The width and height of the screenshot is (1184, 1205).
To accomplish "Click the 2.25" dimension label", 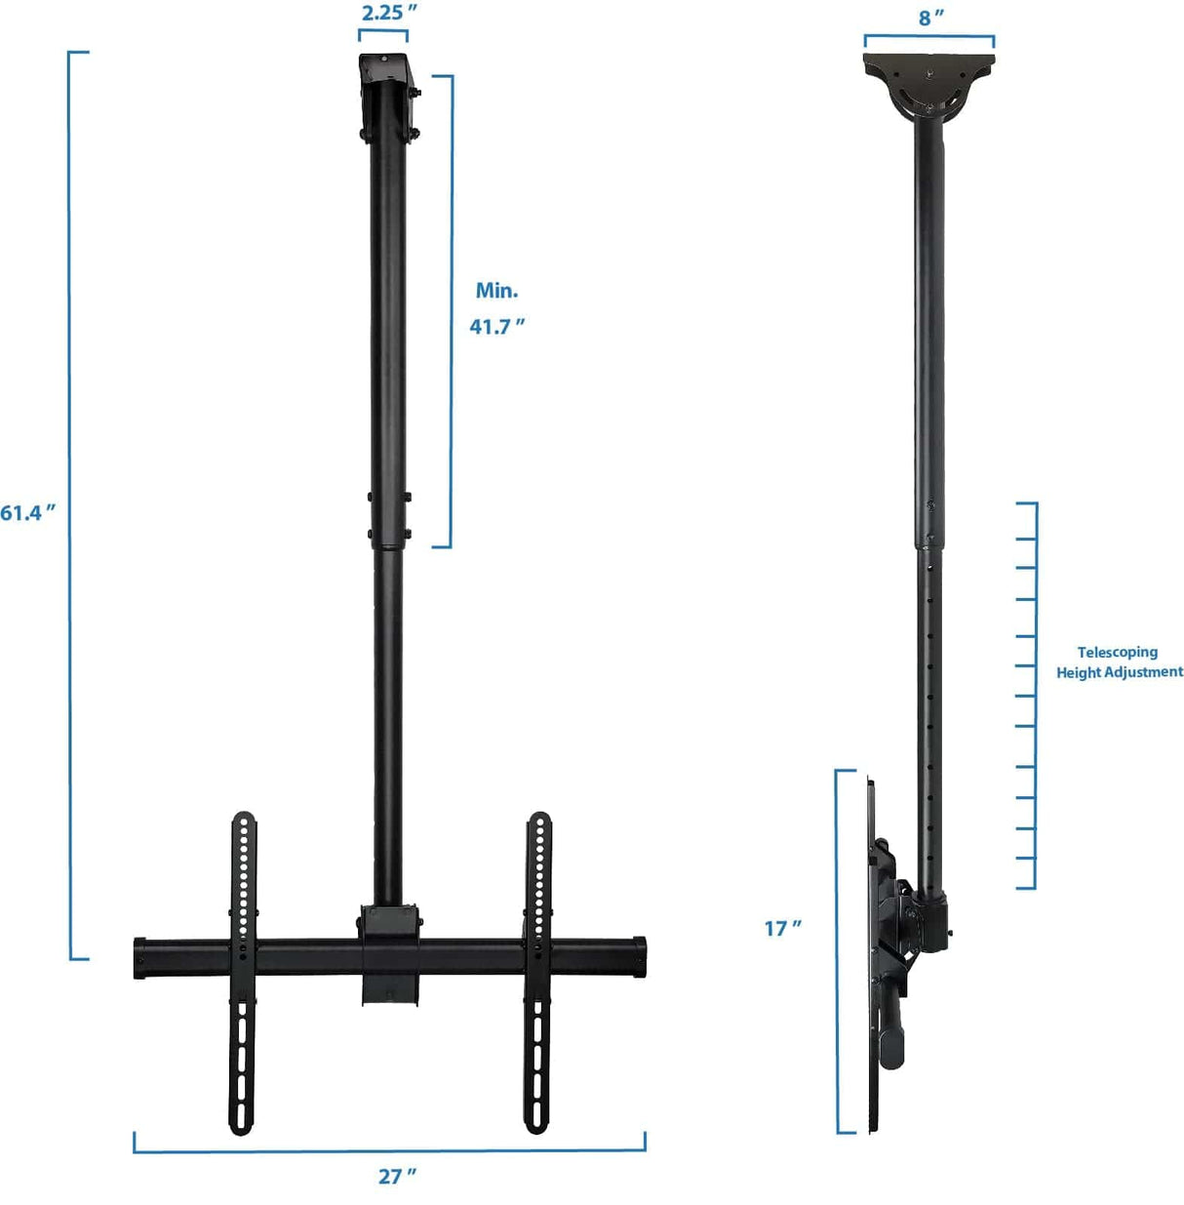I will click(389, 13).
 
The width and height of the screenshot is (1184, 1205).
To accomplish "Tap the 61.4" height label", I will click(28, 512).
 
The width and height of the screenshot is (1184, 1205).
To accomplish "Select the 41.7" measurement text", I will click(496, 327).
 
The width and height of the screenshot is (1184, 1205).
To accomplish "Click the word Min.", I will click(496, 291).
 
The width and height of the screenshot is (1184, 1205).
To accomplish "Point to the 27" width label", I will click(397, 1177).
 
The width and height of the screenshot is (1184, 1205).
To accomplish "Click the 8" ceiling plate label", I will click(930, 18).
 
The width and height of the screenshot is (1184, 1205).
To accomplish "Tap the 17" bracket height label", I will click(782, 928).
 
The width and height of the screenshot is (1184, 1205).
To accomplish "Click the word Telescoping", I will click(1117, 652).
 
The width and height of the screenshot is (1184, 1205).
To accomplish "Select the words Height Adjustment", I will click(1119, 672).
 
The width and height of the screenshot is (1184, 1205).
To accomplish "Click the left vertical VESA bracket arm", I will click(242, 976).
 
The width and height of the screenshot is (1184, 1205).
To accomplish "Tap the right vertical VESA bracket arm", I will click(537, 976).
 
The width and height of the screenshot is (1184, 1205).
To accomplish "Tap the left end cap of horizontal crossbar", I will click(140, 959).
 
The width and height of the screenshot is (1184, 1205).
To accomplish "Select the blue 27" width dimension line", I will click(390, 1150).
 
